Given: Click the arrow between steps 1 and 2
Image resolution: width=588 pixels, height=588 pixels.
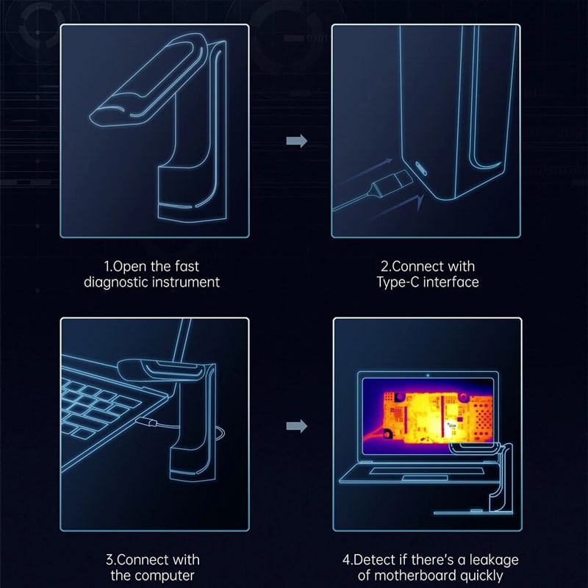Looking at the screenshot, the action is click(x=297, y=141).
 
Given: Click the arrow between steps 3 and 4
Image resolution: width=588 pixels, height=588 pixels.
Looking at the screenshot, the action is click(x=297, y=426).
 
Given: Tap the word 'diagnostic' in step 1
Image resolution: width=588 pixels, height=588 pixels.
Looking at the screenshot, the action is click(x=115, y=282).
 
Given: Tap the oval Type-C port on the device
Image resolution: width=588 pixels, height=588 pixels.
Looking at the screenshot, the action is click(x=420, y=168).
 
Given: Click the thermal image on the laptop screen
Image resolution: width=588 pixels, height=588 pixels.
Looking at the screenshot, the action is click(x=428, y=415).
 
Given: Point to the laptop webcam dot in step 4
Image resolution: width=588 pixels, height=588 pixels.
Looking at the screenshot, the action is click(x=428, y=375).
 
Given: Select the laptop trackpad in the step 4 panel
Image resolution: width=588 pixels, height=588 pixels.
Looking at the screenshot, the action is click(x=425, y=478).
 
